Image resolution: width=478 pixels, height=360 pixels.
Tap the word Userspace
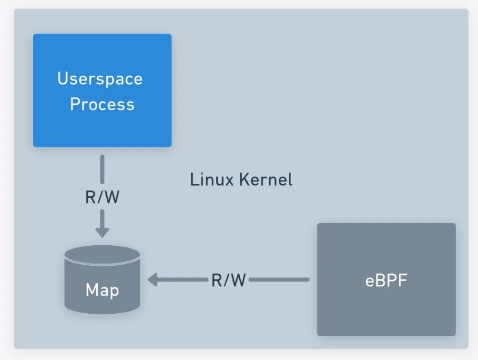click(100, 79)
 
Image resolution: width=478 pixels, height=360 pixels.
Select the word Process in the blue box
click(102, 104)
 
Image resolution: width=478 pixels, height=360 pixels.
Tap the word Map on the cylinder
click(102, 290)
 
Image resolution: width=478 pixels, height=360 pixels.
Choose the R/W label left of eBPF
click(228, 280)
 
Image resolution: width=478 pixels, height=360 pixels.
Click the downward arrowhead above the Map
click(102, 231)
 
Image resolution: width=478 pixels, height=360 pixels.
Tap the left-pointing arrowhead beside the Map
click(153, 280)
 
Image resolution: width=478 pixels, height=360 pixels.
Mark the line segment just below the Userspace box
click(102, 170)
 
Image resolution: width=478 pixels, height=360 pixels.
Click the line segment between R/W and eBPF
click(279, 280)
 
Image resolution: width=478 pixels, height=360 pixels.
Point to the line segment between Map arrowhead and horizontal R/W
click(183, 280)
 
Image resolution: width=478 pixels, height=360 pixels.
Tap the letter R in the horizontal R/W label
click(217, 280)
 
